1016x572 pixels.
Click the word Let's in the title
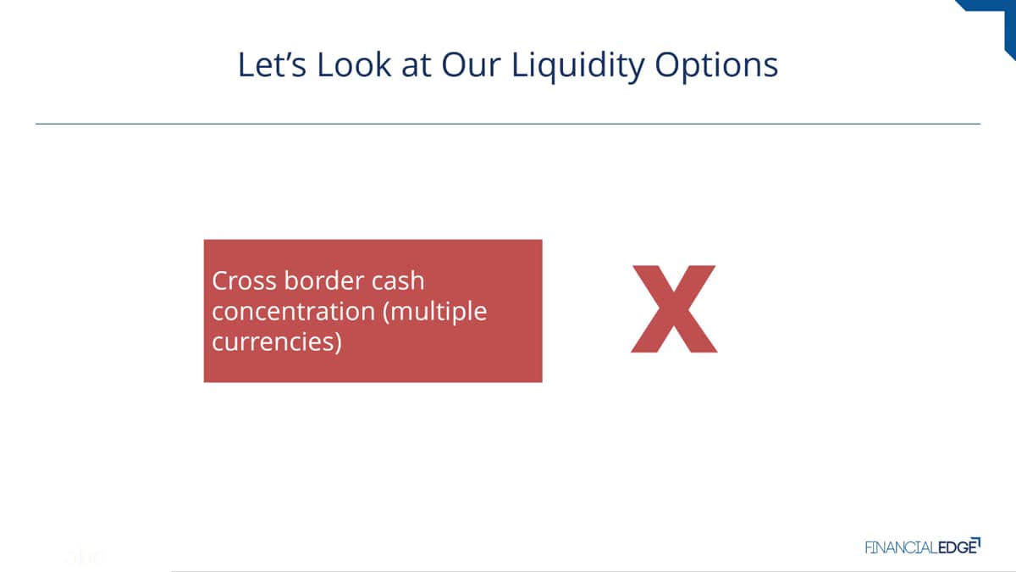coord(272,64)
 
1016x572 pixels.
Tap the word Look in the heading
coord(354,64)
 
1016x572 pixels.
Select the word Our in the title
coord(471,64)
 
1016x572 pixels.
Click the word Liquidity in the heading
coord(578,67)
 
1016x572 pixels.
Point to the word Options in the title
coord(716,67)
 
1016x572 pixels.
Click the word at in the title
coord(416,66)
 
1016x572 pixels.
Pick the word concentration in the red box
coord(294,312)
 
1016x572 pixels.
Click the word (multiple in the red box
coord(435,313)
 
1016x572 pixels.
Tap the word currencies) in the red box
coord(277,342)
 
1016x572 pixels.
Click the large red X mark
coord(674,308)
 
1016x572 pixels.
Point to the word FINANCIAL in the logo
coord(901,548)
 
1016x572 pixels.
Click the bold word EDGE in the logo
coord(957,548)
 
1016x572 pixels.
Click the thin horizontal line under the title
coord(508,124)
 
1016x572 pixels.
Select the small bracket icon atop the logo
coord(976,542)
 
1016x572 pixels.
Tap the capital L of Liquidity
coord(520,64)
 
